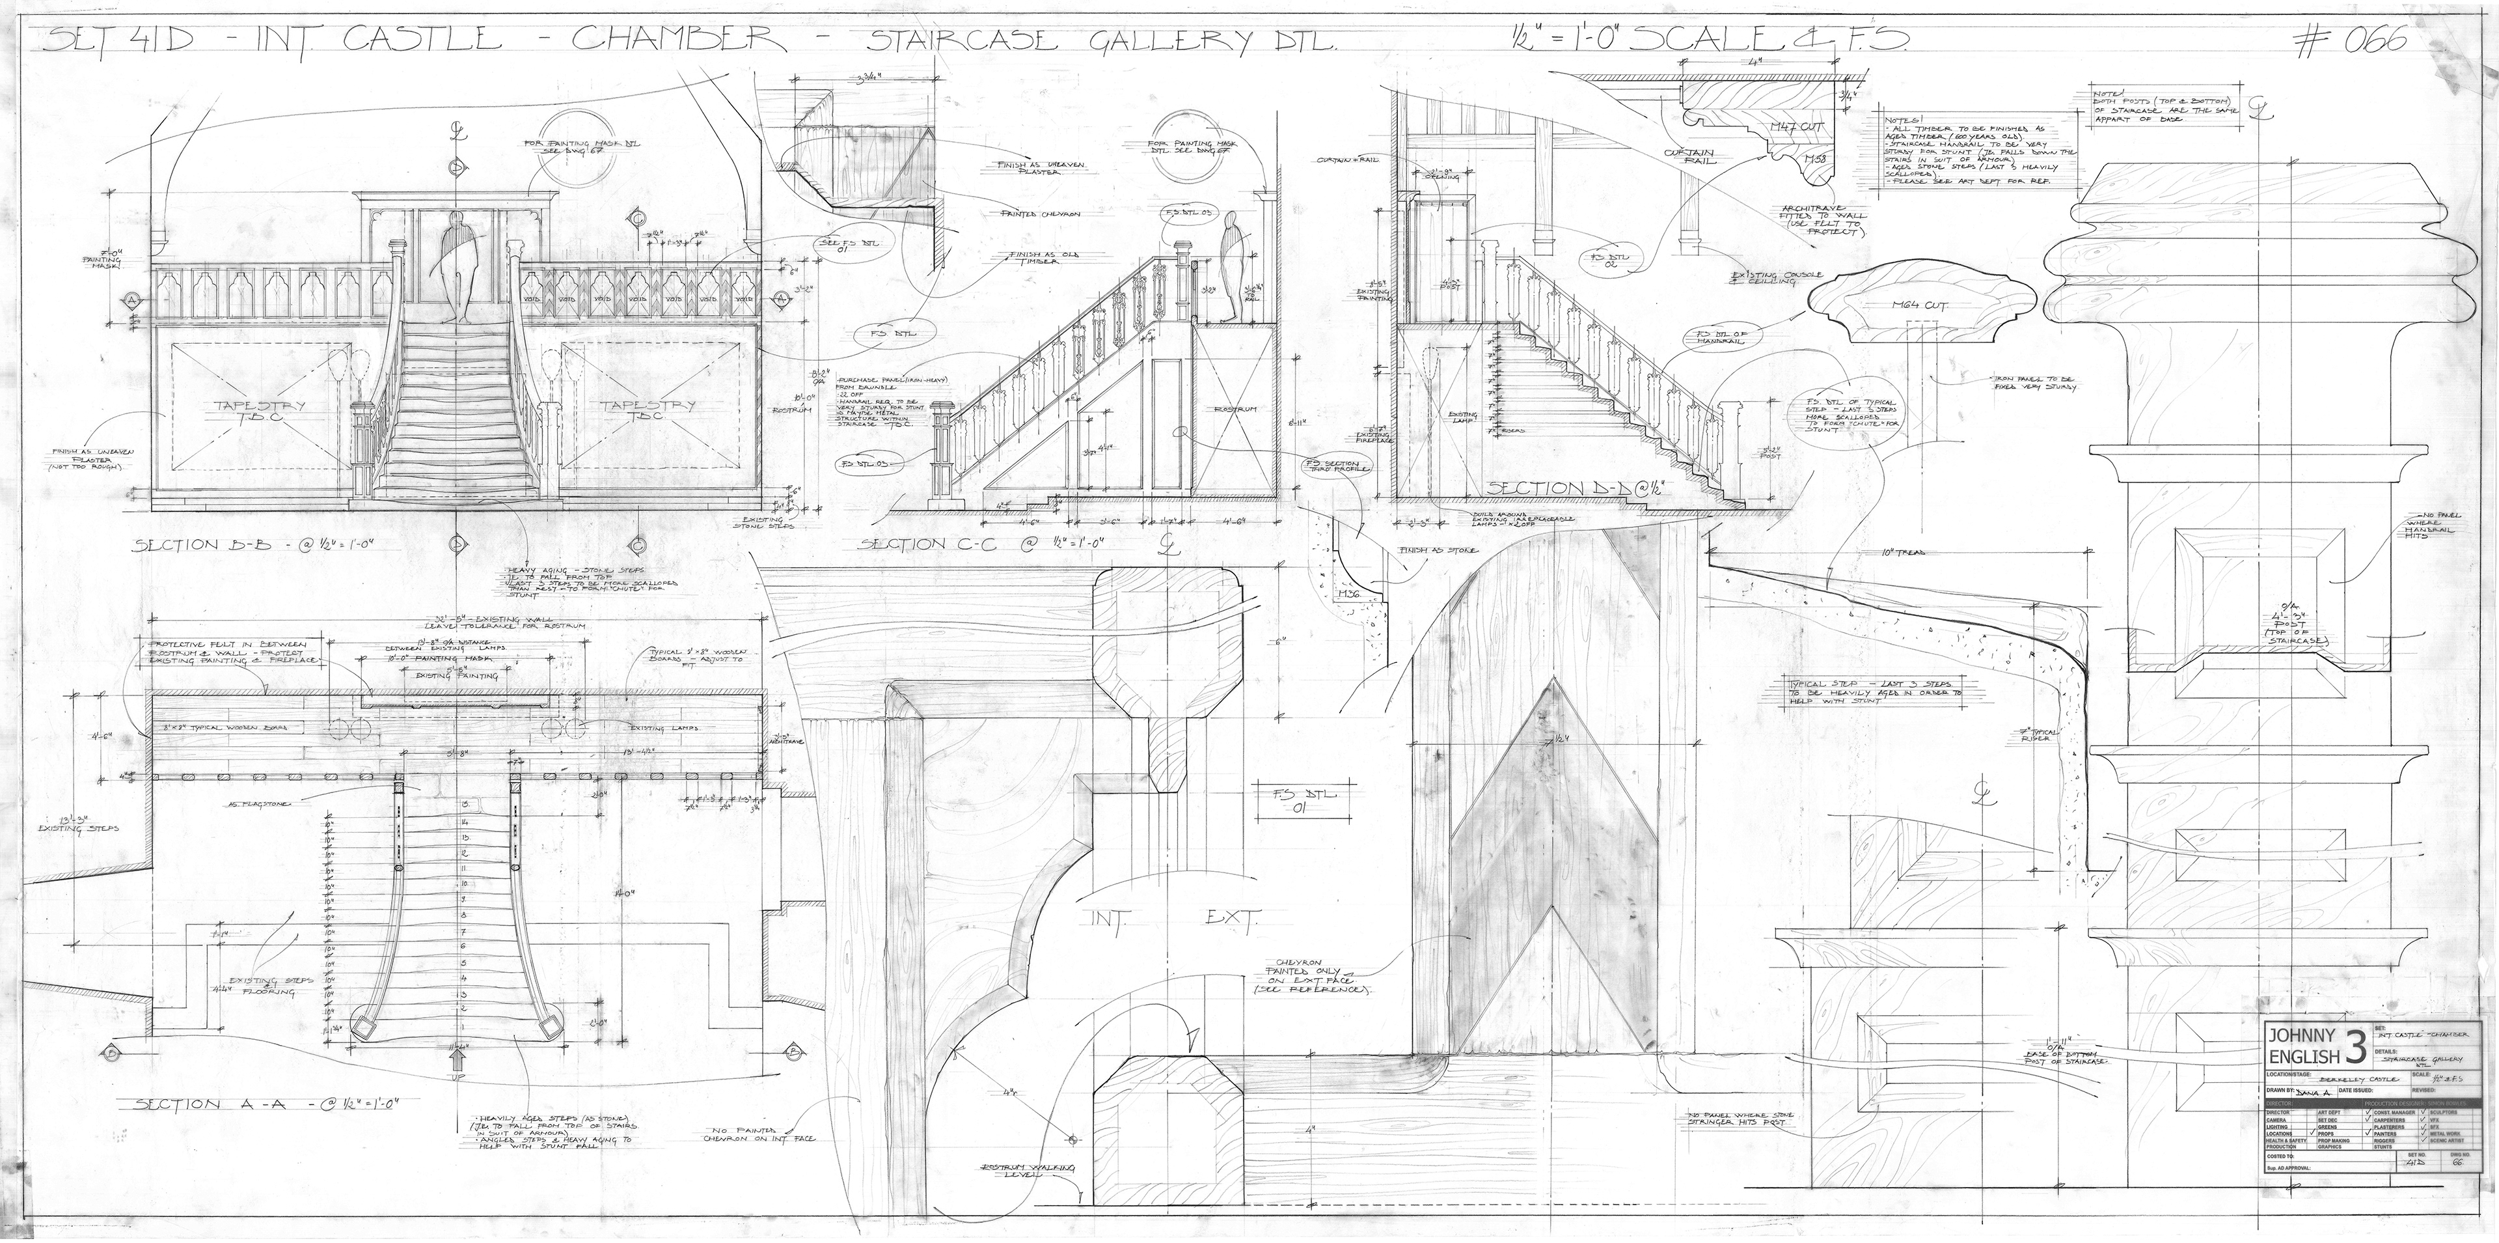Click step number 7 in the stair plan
click(x=466, y=930)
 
